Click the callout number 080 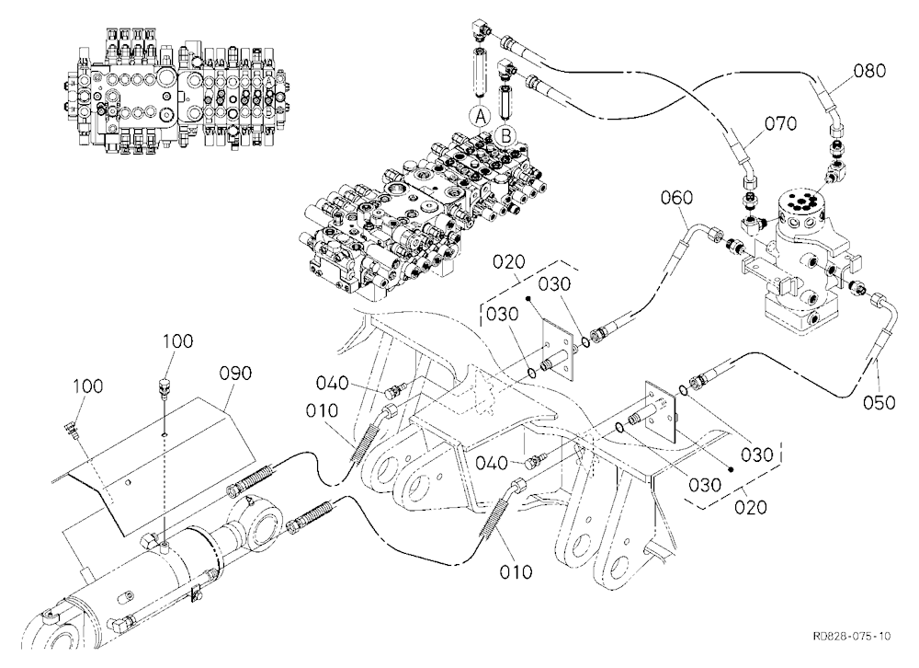click(x=869, y=71)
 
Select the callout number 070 click(x=780, y=124)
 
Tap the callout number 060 click(x=677, y=198)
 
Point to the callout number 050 click(x=879, y=403)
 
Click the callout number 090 click(x=235, y=374)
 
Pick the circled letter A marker click(x=481, y=118)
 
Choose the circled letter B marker click(x=505, y=135)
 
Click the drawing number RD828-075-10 click(x=852, y=637)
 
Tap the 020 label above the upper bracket click(x=509, y=262)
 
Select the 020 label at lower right click(x=751, y=507)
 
